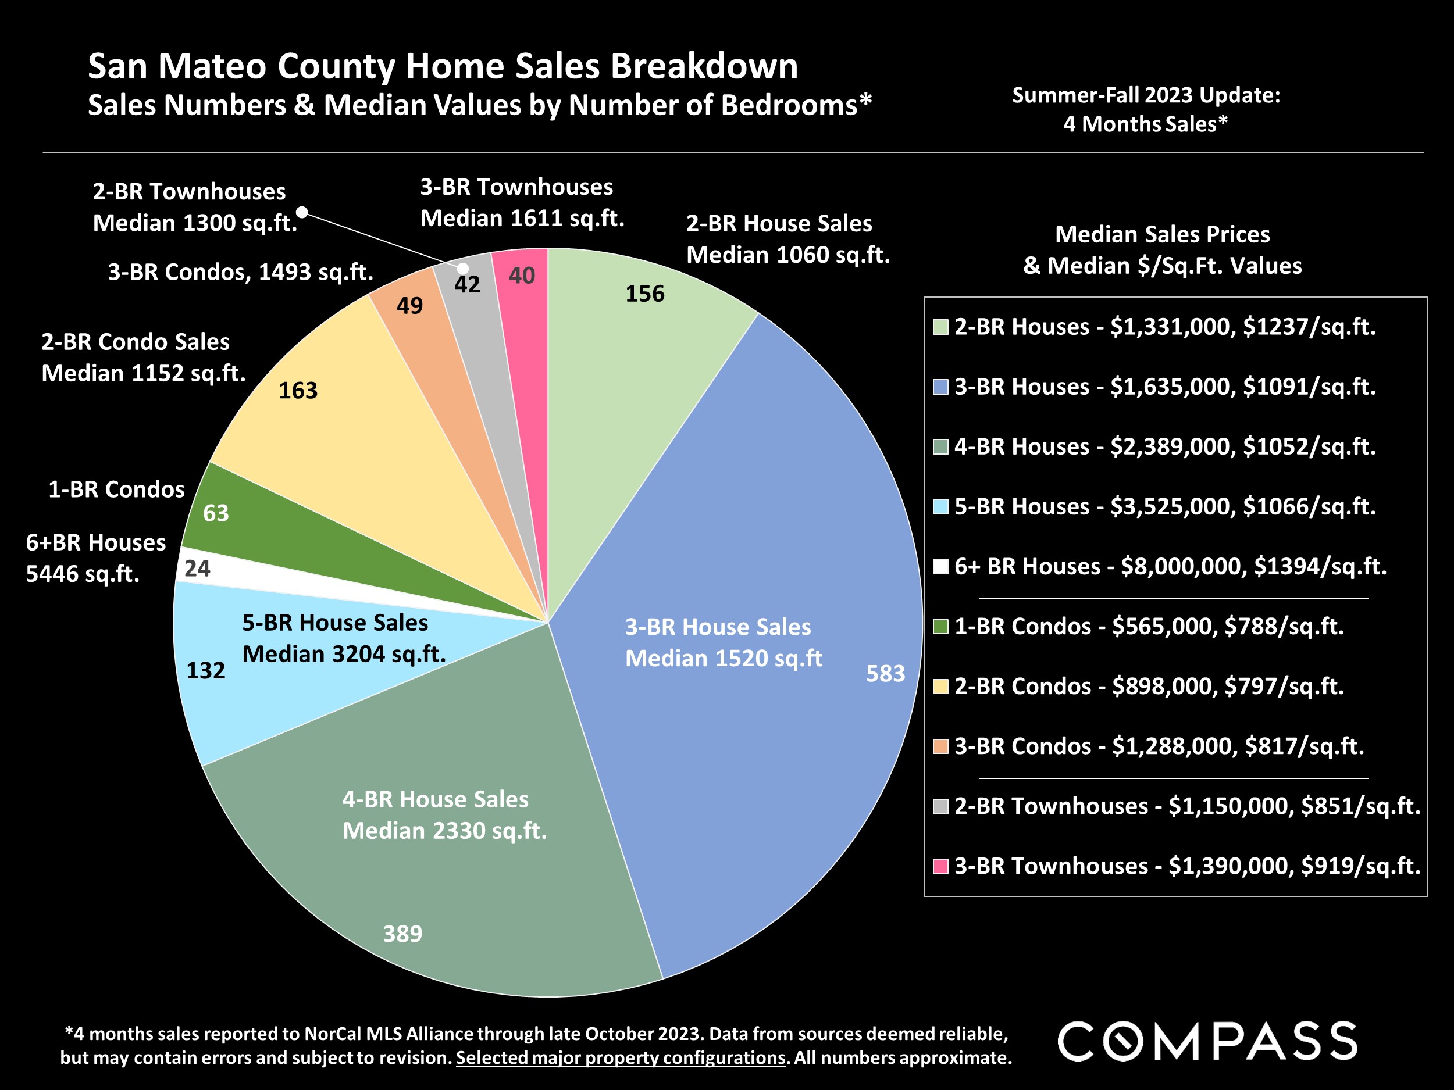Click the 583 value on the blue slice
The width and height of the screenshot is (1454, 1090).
point(885,673)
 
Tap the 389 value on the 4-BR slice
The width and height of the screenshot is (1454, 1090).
point(402,934)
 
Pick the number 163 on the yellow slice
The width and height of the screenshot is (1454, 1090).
point(298,391)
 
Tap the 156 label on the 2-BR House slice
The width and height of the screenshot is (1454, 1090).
point(644,294)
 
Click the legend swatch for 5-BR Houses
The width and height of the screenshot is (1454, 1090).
point(940,506)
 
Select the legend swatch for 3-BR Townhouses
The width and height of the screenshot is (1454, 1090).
point(940,866)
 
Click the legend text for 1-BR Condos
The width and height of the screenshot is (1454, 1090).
point(1148,626)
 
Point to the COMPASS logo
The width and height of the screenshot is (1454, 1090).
point(1207,1041)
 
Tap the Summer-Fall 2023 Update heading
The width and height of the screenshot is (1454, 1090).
point(1146,96)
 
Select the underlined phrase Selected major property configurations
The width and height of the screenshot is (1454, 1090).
point(621,1058)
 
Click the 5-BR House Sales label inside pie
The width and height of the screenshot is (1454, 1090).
point(335,622)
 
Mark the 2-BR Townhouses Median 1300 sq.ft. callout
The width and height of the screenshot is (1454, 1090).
point(195,207)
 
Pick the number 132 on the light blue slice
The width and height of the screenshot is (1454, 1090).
point(206,670)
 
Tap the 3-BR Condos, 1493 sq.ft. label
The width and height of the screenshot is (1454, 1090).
point(241,272)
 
